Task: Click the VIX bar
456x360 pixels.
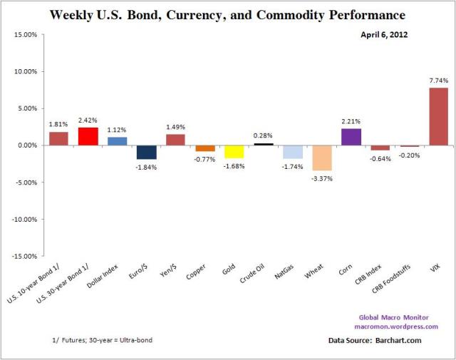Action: [438, 116]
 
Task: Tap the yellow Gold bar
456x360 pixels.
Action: [234, 151]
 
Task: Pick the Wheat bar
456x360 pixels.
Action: [321, 158]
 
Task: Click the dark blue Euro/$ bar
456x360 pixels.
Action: [146, 152]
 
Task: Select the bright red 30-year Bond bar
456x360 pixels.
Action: [88, 136]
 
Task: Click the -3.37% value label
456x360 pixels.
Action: [322, 178]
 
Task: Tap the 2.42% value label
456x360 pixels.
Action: [88, 120]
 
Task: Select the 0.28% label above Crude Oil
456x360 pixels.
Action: [264, 135]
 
